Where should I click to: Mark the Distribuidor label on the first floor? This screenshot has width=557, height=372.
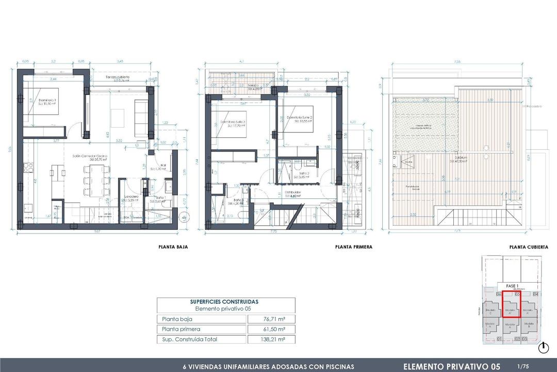coord(293,193)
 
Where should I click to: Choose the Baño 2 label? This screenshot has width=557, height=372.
coord(304,174)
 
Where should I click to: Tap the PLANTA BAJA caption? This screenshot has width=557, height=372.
coord(173,247)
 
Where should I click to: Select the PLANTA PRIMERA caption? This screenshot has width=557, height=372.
coord(353,247)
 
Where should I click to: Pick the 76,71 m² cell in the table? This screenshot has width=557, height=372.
coord(271,319)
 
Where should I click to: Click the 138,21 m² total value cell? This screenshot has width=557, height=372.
coord(271,339)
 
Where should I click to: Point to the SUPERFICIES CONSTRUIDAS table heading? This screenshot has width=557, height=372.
coord(225,302)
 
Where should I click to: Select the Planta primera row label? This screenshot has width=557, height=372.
coord(181,329)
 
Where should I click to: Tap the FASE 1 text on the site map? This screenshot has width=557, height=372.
coord(511,286)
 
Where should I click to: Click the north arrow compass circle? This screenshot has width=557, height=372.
coord(543,348)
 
